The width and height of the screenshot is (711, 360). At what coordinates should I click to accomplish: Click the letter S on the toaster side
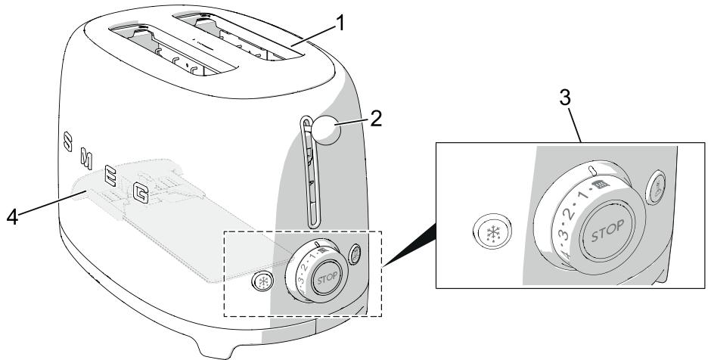pos(68,141)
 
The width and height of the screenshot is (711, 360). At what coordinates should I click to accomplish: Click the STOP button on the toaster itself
pos(324,273)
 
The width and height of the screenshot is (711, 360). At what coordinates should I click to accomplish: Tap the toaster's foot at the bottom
pos(219,348)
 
